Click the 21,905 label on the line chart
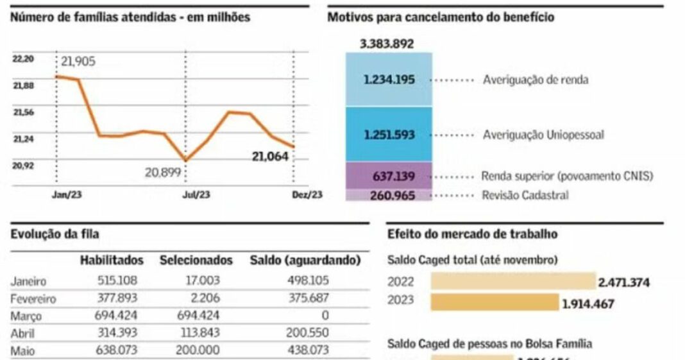point(81,62)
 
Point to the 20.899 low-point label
point(164,173)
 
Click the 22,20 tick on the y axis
point(23,58)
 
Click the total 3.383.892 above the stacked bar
point(387,44)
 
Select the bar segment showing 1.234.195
point(389,80)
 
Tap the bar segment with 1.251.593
point(389,135)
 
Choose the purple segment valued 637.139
point(389,176)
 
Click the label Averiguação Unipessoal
point(543,135)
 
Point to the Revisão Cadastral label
point(525,195)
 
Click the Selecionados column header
point(196,261)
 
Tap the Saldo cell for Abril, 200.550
point(308,333)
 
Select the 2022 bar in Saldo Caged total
point(512,281)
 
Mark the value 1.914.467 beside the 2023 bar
point(588,304)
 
